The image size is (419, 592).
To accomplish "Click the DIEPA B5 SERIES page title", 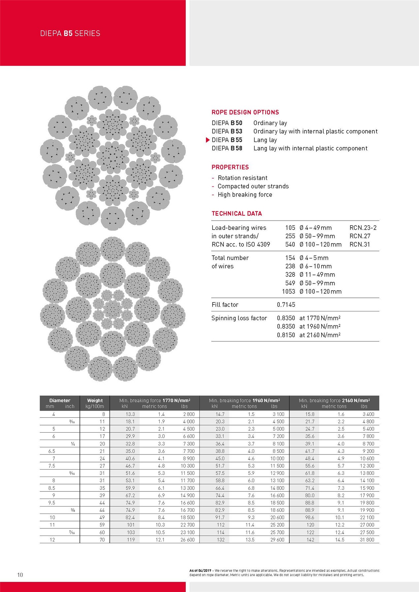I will [70, 33].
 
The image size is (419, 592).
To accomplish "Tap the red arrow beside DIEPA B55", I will [208, 140].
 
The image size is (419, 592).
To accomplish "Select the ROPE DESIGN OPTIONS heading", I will [245, 112].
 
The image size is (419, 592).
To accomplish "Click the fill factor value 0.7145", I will [286, 305].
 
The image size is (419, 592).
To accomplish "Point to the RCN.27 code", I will [360, 236].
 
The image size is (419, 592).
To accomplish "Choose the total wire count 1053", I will [288, 292].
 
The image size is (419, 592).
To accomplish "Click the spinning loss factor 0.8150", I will [286, 335].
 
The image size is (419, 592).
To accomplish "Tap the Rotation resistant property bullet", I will [242, 178].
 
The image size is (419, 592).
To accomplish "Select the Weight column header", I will [95, 400].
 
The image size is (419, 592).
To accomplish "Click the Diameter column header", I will [60, 400].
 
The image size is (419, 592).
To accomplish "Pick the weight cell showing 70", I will [102, 540].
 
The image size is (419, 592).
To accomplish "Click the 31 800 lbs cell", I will [367, 540].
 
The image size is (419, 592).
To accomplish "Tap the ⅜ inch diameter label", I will [73, 510].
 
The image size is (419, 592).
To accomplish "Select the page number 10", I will [20, 575].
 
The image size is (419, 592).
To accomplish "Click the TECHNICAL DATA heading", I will [237, 214].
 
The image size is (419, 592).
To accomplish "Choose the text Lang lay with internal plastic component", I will [310, 148].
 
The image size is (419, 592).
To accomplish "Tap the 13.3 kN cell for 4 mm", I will [130, 414].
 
